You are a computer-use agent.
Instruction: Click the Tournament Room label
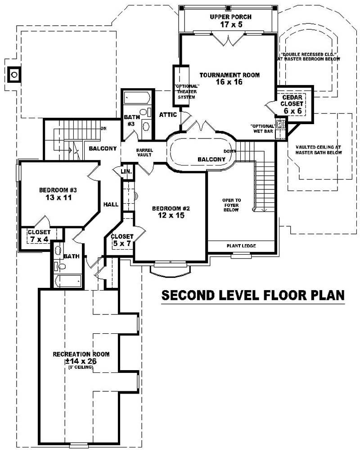pyautogui.click(x=229, y=79)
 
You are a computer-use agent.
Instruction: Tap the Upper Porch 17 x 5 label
pyautogui.click(x=230, y=21)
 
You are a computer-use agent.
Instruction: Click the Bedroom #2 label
pyautogui.click(x=171, y=212)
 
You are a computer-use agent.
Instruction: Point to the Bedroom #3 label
pyautogui.click(x=56, y=193)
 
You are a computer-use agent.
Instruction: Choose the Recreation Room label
pyautogui.click(x=81, y=358)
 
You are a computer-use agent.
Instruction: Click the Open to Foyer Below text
pyautogui.click(x=231, y=205)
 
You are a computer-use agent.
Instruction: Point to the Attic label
pyautogui.click(x=168, y=115)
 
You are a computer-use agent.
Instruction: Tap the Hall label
pyautogui.click(x=111, y=204)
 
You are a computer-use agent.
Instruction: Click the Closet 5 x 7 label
pyautogui.click(x=122, y=240)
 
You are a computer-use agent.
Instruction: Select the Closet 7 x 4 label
pyautogui.click(x=39, y=236)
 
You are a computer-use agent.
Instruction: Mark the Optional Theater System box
pyautogui.click(x=183, y=86)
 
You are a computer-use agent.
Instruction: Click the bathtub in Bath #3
pyautogui.click(x=137, y=98)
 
